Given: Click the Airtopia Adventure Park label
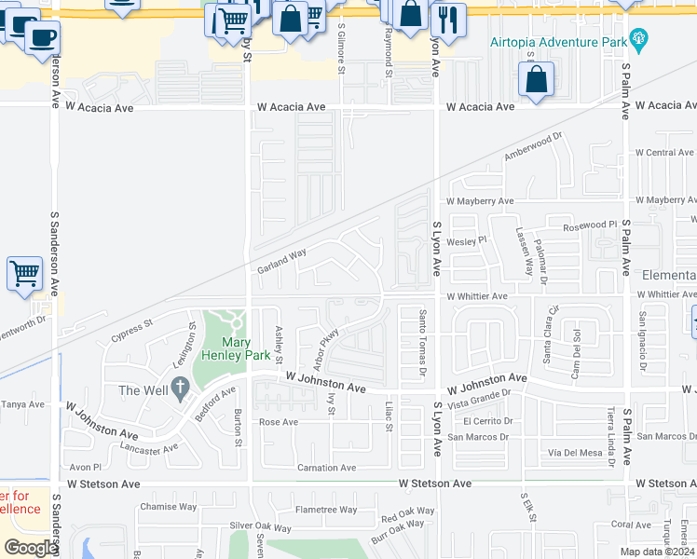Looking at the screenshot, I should pos(557,42).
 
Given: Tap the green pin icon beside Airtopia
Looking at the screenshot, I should pos(638,38).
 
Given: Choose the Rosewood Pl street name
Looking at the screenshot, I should pos(590,226).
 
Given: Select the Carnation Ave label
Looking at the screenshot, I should pos(326,468).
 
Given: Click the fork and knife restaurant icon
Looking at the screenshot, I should pos(449,19).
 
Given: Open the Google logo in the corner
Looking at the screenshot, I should pos(30,548).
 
